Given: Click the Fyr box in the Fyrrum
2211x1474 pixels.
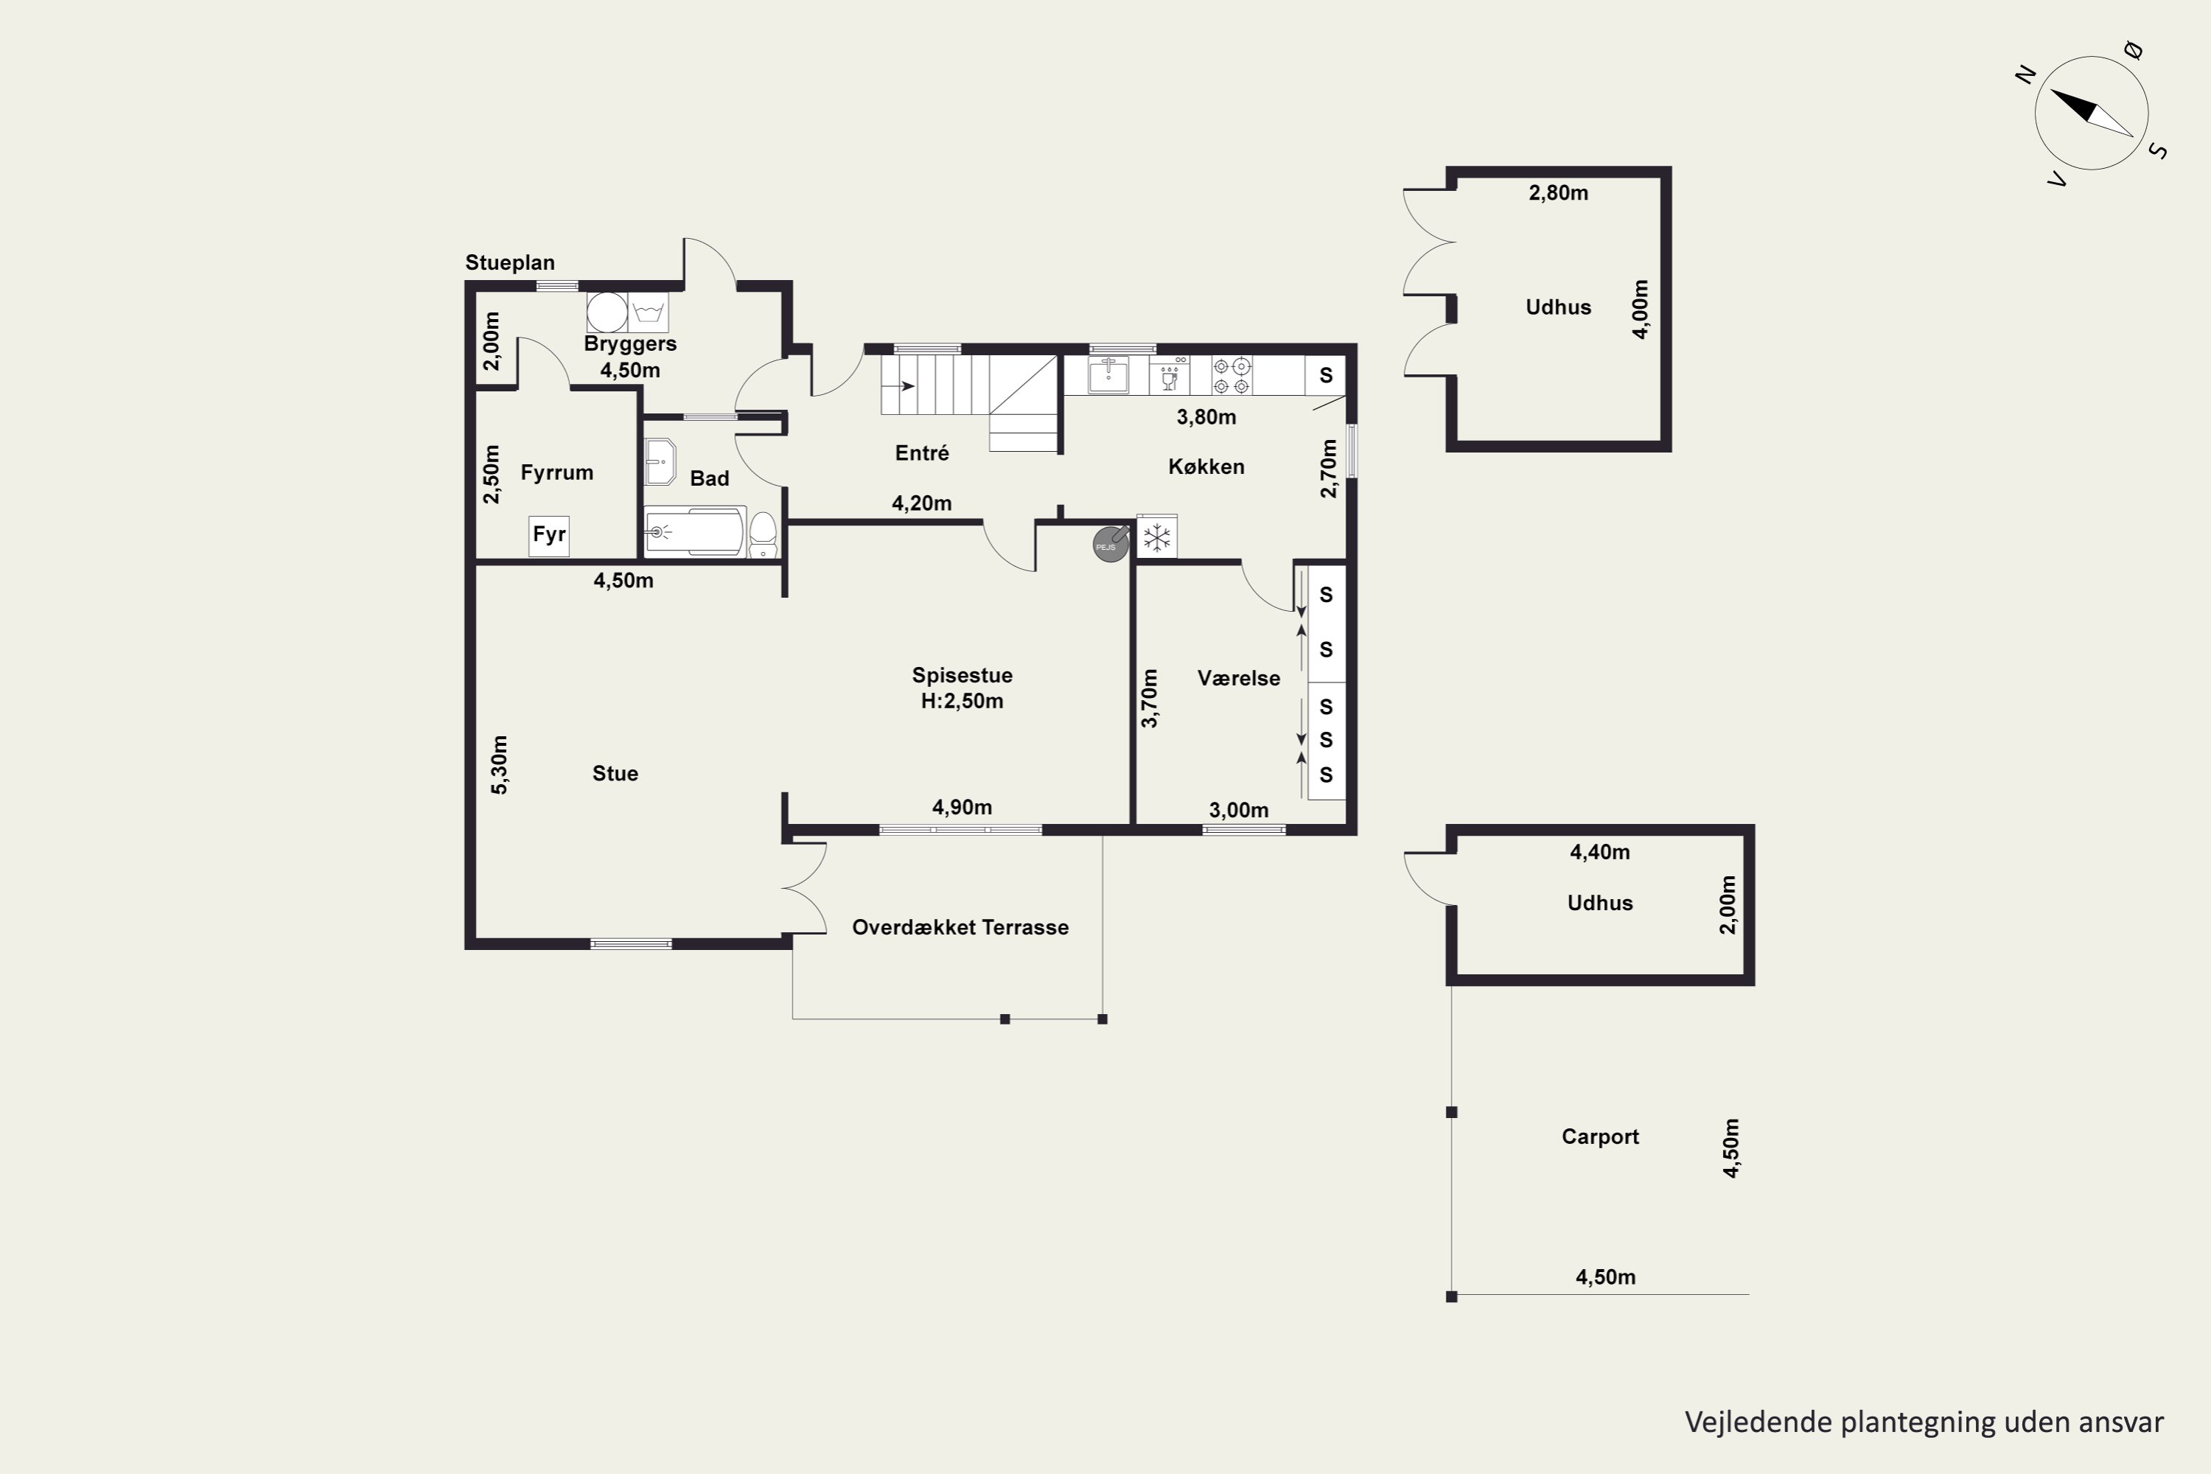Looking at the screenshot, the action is point(549,536).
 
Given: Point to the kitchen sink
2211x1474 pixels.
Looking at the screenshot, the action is point(1108,375).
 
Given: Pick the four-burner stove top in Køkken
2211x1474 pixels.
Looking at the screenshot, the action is point(1232,375).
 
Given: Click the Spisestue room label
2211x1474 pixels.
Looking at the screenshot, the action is point(962,675).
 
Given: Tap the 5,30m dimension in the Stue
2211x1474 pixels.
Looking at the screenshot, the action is point(499,764).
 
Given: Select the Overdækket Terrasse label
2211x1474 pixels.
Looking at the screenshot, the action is point(960,927).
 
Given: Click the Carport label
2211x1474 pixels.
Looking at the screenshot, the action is point(1600,1136).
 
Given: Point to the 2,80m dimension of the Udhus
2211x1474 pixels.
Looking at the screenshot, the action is point(1559,192).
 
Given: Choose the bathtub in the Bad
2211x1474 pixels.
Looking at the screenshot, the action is point(695,533).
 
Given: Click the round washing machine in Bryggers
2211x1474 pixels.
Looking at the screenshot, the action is point(607,312).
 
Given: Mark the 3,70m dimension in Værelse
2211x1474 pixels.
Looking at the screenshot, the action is point(1149,699).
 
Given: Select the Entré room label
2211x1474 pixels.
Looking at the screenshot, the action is point(921,453).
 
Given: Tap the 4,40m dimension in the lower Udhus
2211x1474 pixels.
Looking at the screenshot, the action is point(1600,853).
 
